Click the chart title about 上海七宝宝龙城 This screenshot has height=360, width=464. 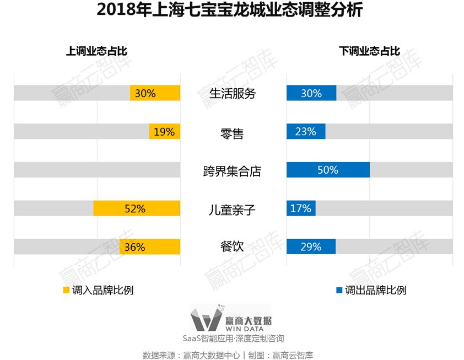pyautogui.click(x=231, y=10)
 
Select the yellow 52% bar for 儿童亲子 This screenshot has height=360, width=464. pyautogui.click(x=137, y=208)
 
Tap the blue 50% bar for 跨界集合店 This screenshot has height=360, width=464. pyautogui.click(x=328, y=170)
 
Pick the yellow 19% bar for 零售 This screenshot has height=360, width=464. pyautogui.click(x=164, y=132)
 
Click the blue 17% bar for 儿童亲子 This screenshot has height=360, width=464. pyautogui.click(x=301, y=208)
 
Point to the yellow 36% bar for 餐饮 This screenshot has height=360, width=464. pyautogui.click(x=150, y=247)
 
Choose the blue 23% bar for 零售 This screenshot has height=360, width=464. pyautogui.click(x=306, y=132)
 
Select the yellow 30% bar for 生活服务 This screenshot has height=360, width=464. pyautogui.click(x=155, y=93)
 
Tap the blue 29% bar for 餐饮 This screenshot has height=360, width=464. pyautogui.click(x=311, y=247)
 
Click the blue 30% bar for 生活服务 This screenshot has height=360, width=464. pyautogui.click(x=311, y=93)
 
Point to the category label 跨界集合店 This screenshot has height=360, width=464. pyautogui.click(x=232, y=171)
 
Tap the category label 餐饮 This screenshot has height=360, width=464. pyautogui.click(x=231, y=247)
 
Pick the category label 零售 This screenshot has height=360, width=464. pyautogui.click(x=231, y=133)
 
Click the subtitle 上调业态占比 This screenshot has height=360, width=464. pyautogui.click(x=96, y=52)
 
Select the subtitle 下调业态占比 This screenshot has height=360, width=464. pyautogui.click(x=369, y=52)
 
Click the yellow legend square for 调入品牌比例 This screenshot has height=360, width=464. pyautogui.click(x=66, y=290)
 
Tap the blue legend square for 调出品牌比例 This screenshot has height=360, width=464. pyautogui.click(x=339, y=290)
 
